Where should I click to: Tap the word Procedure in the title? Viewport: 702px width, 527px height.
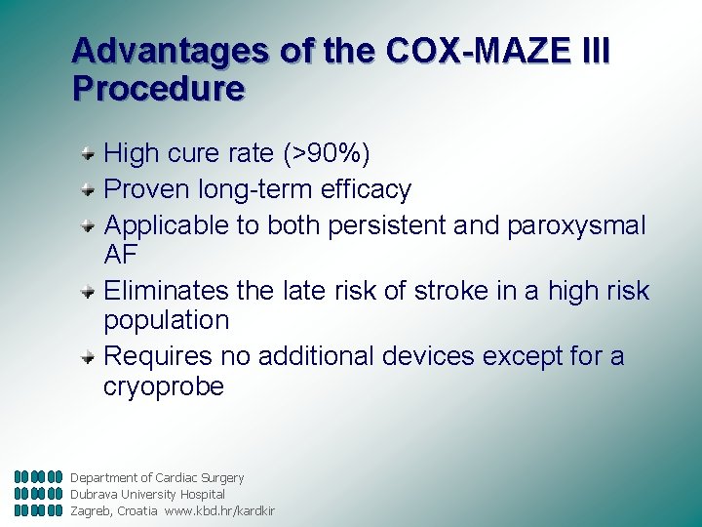click(x=158, y=89)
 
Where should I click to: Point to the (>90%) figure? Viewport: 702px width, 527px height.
click(x=327, y=153)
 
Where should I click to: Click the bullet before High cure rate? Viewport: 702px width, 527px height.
click(x=88, y=153)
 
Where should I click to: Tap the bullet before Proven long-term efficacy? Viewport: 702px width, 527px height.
click(x=88, y=188)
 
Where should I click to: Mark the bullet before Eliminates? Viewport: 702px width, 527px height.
click(x=88, y=291)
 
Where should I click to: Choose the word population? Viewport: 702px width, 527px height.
click(x=166, y=321)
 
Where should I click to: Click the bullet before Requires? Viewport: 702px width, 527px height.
click(x=88, y=357)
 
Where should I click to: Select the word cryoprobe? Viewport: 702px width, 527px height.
click(x=164, y=386)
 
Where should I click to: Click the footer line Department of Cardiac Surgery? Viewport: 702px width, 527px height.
click(x=157, y=478)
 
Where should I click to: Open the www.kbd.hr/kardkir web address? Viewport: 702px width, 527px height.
click(x=219, y=510)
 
